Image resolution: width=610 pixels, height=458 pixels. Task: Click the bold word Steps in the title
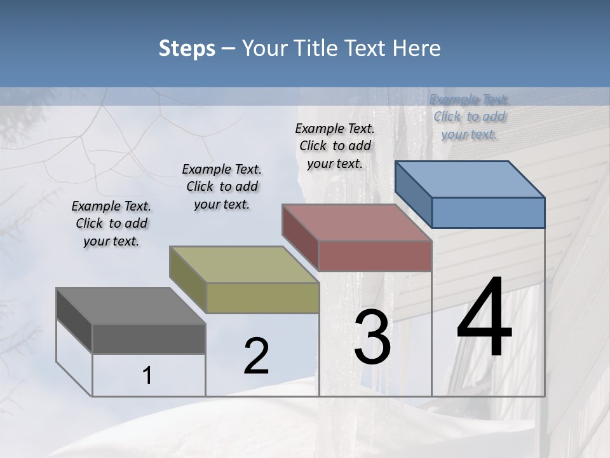click(x=187, y=48)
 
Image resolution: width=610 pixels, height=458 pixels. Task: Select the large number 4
click(x=484, y=318)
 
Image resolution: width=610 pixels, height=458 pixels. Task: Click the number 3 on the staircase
click(x=372, y=337)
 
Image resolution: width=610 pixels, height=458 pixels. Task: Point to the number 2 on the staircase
click(x=256, y=356)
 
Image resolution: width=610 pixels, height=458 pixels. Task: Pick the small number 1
click(x=147, y=376)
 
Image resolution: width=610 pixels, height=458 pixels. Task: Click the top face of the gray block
click(x=131, y=306)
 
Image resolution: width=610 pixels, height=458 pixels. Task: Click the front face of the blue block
click(x=488, y=212)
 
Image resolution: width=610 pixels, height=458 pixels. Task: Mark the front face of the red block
click(x=375, y=256)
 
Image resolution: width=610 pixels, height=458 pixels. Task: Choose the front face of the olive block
click(x=262, y=298)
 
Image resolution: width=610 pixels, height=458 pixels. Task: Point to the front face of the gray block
click(x=149, y=339)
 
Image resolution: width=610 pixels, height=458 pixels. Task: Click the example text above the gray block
click(x=111, y=223)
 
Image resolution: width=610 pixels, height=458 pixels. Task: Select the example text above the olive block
click(x=222, y=186)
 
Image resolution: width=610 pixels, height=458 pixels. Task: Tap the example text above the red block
click(x=335, y=146)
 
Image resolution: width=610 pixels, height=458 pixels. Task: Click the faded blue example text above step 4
click(x=469, y=116)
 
